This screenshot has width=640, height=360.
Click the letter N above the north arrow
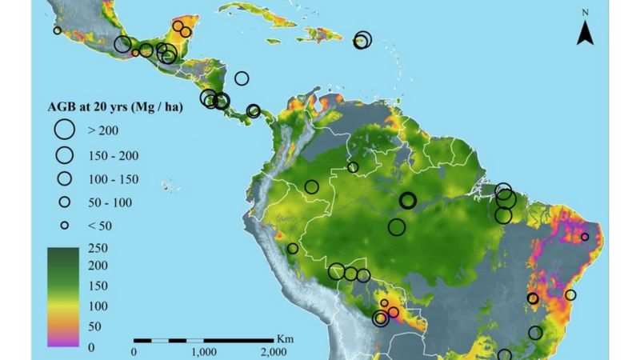[x=585, y=13]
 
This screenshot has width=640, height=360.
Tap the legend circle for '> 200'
[x=64, y=129]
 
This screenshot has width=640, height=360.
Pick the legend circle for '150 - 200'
[x=64, y=154]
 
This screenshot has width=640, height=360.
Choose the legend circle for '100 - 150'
[x=64, y=178]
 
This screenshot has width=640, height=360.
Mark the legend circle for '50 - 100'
[x=64, y=202]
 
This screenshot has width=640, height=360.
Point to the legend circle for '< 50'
[x=64, y=226]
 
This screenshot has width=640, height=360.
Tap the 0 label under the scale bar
[x=134, y=350]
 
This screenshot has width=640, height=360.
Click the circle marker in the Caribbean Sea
[x=242, y=78]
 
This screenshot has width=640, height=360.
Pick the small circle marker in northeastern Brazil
[x=585, y=237]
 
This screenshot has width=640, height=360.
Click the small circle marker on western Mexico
[x=57, y=30]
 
